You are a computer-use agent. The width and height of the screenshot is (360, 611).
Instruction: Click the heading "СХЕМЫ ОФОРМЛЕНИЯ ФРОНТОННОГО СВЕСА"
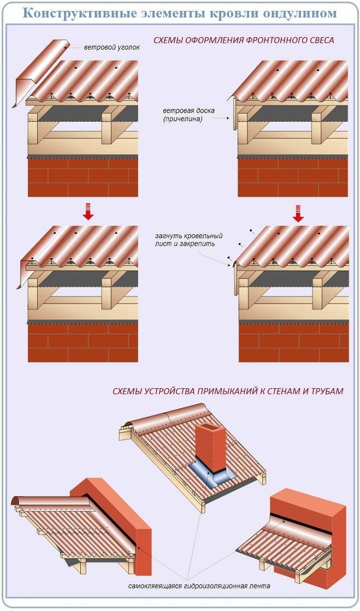click(243, 40)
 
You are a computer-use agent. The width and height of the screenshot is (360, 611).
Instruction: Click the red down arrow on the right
click(298, 213)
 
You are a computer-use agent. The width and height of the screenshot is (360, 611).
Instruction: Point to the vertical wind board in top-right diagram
click(235, 114)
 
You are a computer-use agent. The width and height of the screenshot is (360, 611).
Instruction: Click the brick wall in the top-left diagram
click(82, 177)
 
